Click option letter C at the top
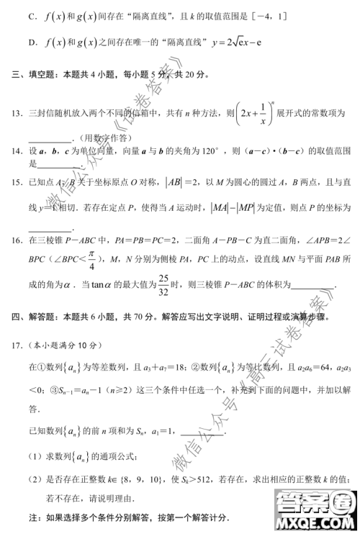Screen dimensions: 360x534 point(32,14)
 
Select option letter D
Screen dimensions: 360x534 point(32,44)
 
